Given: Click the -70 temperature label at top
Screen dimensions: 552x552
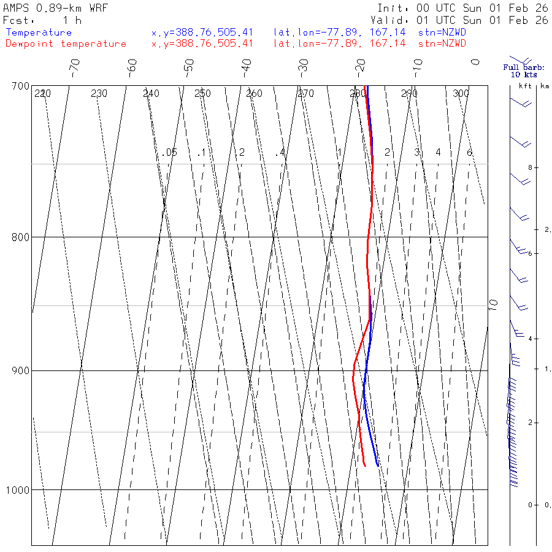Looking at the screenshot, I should [x=74, y=66].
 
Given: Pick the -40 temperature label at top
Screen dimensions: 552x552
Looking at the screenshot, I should [x=247, y=66].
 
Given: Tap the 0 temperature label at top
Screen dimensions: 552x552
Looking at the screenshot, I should [x=475, y=62].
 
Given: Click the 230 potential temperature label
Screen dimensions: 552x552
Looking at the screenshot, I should [x=99, y=94].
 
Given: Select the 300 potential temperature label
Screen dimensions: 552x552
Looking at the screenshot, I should [x=461, y=94].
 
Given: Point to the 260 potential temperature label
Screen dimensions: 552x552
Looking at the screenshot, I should [x=254, y=94].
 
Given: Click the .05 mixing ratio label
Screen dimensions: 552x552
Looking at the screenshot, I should [x=170, y=152].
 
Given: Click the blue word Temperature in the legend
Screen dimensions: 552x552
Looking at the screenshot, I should [x=39, y=33].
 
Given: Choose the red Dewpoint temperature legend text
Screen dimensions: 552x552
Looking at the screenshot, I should [x=66, y=44].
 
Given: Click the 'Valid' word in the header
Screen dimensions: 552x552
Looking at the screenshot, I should [x=393, y=20].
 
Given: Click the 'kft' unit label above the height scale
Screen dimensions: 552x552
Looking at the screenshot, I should [x=525, y=86].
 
